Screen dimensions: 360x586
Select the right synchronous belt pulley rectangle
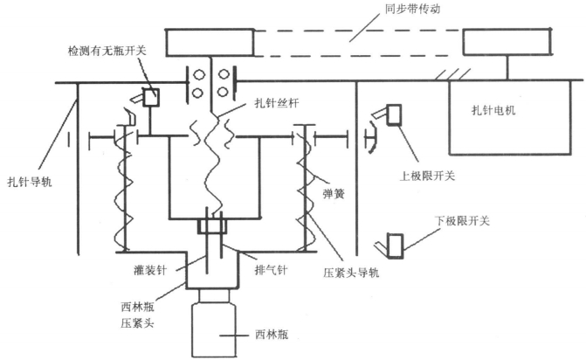click(x=507, y=42)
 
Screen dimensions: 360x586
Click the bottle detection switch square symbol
click(x=149, y=97)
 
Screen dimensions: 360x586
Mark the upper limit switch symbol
click(x=391, y=113)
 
